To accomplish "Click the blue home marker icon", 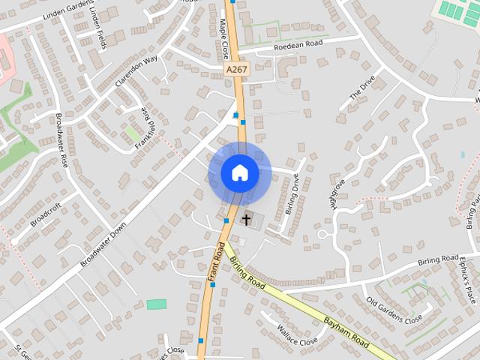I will point(240,173).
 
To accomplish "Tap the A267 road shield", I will point(235,69).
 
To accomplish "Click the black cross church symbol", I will point(245,219).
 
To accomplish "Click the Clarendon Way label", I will point(136,72).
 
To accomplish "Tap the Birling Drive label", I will point(294,193).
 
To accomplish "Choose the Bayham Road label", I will point(346,332).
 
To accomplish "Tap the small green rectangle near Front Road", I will point(157,304).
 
